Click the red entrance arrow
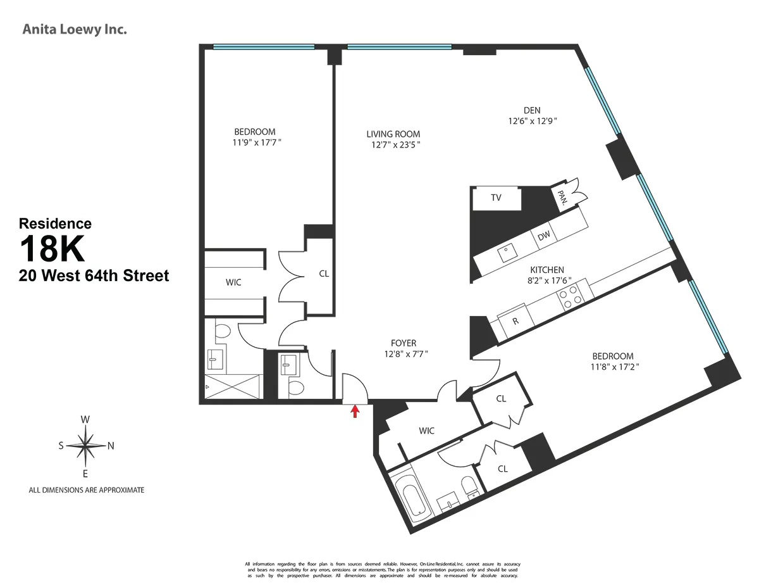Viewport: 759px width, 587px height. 355,412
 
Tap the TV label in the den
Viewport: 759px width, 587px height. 497,198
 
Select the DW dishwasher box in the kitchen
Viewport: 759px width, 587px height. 543,236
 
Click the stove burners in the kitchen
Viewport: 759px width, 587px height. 571,296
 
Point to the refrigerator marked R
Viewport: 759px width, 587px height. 515,321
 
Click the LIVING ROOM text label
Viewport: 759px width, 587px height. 393,134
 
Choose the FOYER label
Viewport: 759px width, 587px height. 403,343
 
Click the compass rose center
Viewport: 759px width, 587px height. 85,445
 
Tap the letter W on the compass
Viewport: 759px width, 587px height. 85,419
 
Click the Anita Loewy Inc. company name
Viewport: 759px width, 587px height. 75,29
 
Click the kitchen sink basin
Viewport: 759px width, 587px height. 506,254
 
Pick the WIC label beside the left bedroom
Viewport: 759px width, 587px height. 233,282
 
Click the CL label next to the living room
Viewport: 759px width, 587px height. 324,274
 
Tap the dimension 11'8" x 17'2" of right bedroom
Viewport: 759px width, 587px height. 612,367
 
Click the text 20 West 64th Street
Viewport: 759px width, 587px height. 94,276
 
